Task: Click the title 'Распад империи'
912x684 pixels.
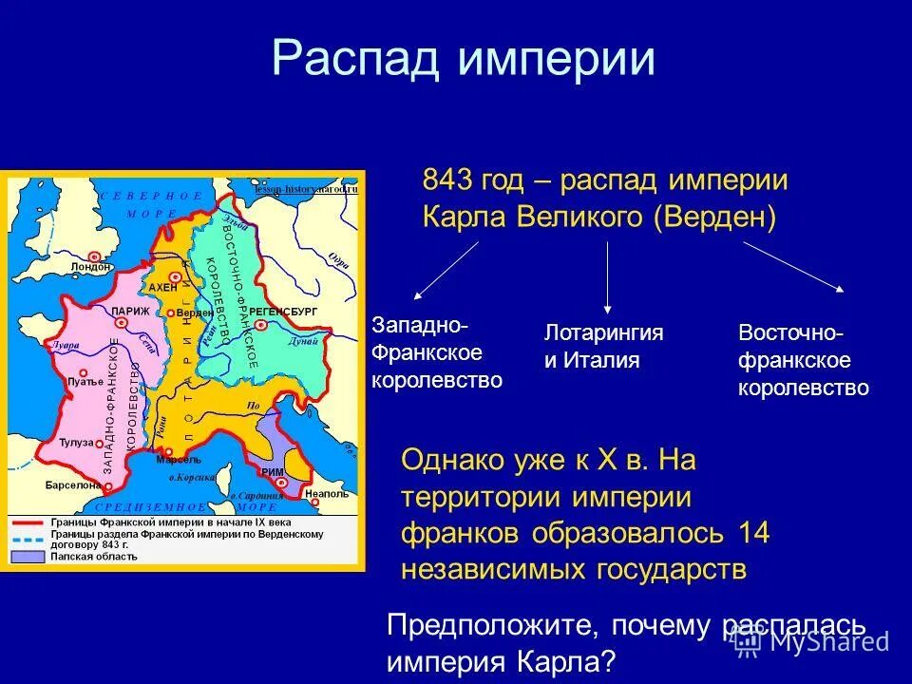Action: (x=463, y=59)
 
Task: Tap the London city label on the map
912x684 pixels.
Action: (x=90, y=267)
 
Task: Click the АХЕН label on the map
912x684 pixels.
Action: (x=162, y=286)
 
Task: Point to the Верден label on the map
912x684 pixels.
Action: (x=195, y=313)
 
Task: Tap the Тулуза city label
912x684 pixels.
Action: (x=76, y=443)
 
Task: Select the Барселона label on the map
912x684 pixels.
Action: (x=72, y=484)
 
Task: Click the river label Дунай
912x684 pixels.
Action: (x=303, y=339)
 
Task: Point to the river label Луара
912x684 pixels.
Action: (x=65, y=346)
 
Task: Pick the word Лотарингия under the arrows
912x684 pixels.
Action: (x=603, y=332)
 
